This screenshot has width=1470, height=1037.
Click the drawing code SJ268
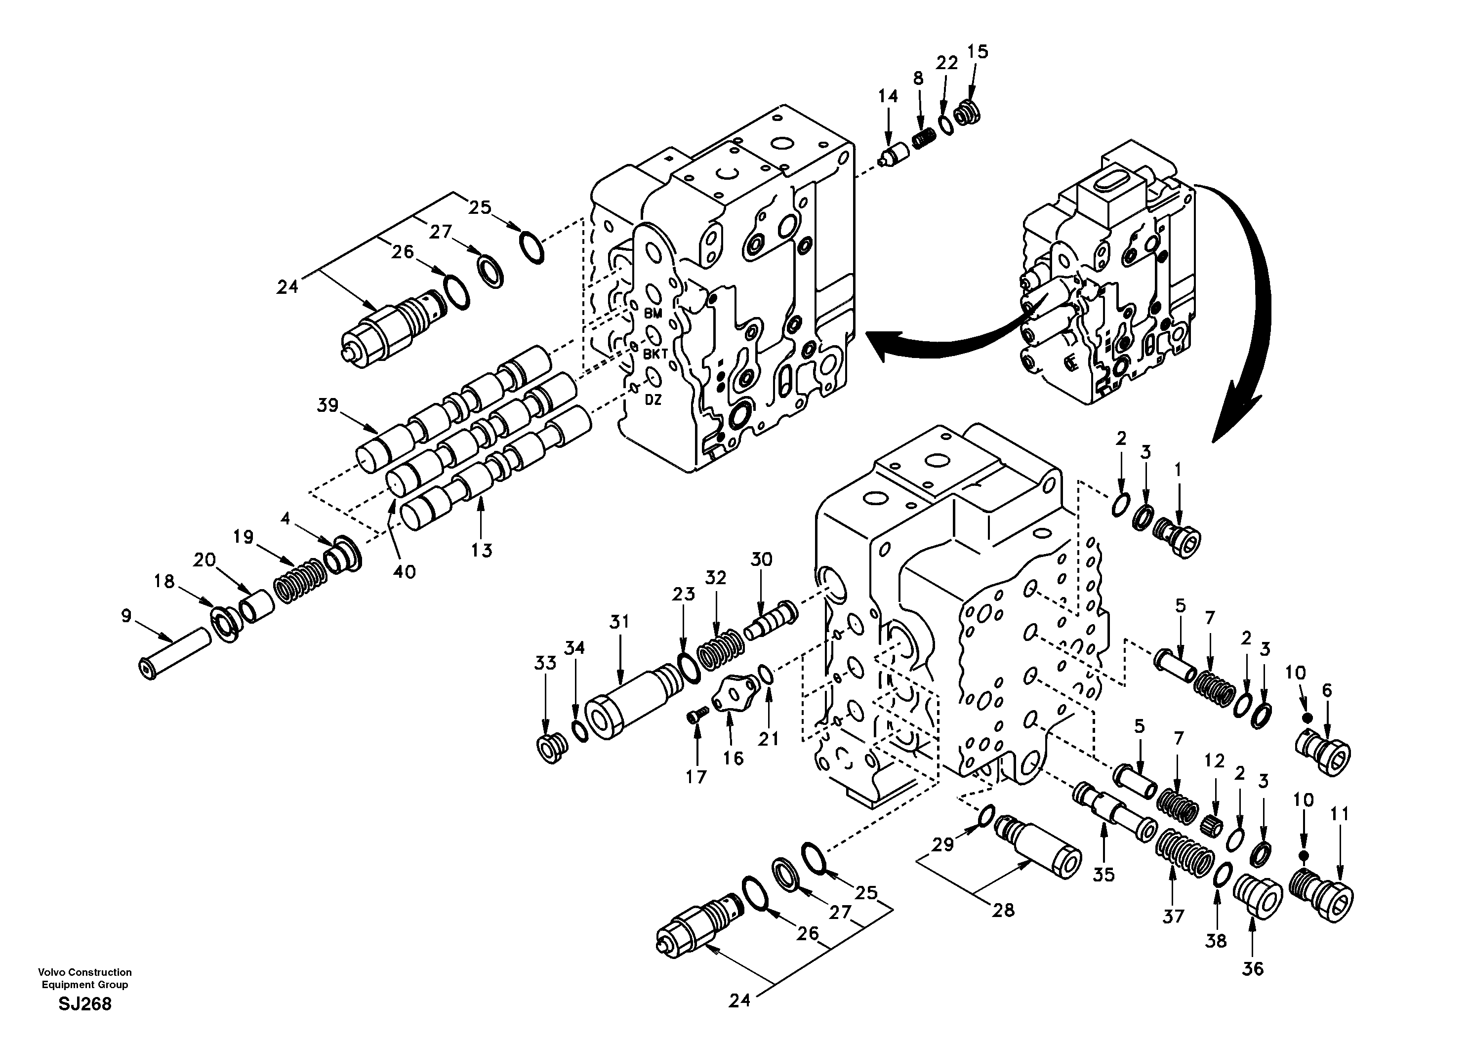point(85,1004)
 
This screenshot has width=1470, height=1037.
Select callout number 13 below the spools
point(482,550)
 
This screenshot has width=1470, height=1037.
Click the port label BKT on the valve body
point(655,354)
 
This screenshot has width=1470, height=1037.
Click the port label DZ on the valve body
point(653,400)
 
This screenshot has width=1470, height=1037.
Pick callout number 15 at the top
point(978,51)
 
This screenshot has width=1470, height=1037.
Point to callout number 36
point(1253,968)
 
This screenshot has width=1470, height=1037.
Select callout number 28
point(1003,910)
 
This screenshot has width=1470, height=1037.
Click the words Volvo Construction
point(84,972)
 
